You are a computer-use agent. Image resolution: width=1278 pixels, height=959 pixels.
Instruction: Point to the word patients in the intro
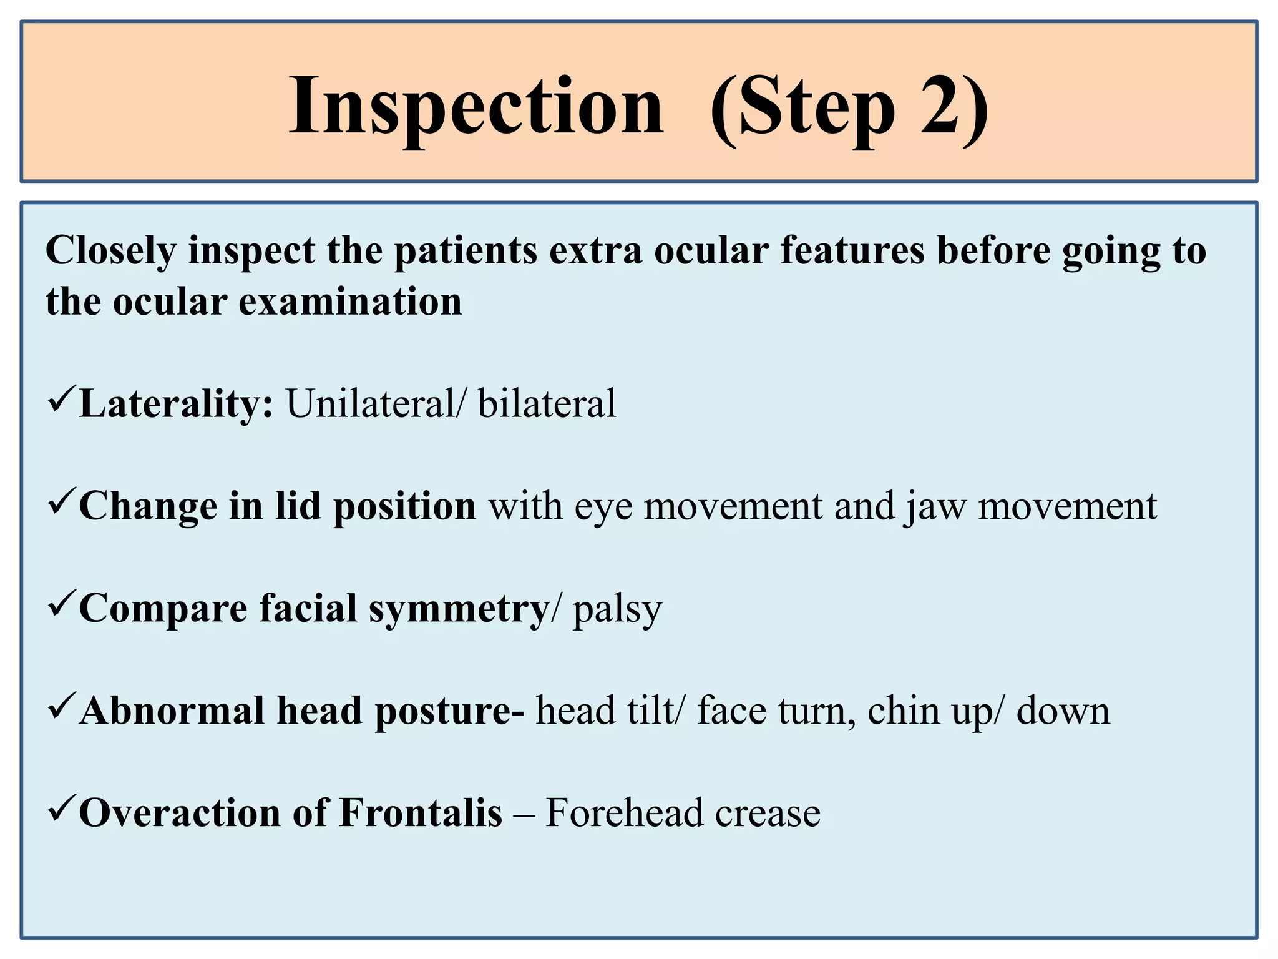pyautogui.click(x=466, y=252)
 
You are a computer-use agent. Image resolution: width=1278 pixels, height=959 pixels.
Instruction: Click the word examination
pyautogui.click(x=350, y=302)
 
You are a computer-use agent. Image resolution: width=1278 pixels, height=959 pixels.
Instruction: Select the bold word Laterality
pyautogui.click(x=177, y=405)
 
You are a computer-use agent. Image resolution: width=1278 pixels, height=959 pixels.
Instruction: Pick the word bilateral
pyautogui.click(x=547, y=405)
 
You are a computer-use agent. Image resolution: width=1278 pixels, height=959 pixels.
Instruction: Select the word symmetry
pyautogui.click(x=459, y=609)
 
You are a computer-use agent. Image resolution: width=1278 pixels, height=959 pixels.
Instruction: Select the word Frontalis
pyautogui.click(x=421, y=814)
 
